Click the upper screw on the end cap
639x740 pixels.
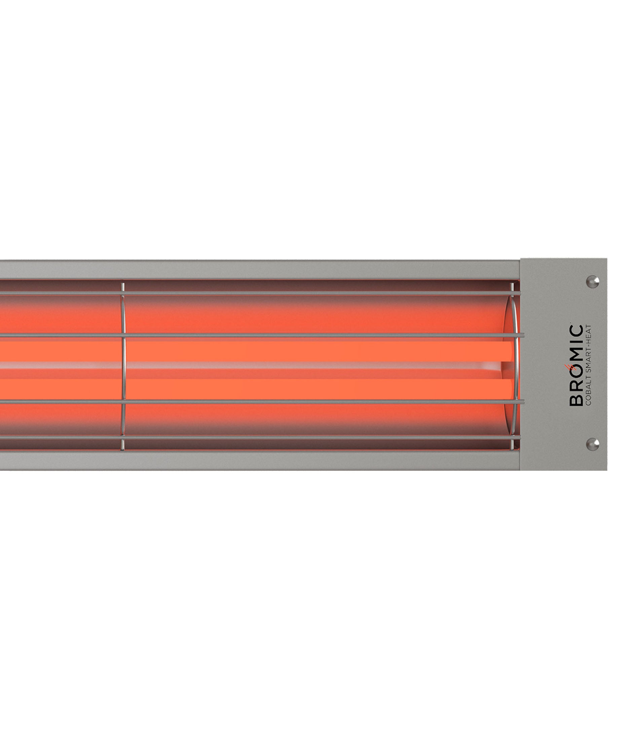[x=593, y=282]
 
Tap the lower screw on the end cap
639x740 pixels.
[x=593, y=444]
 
